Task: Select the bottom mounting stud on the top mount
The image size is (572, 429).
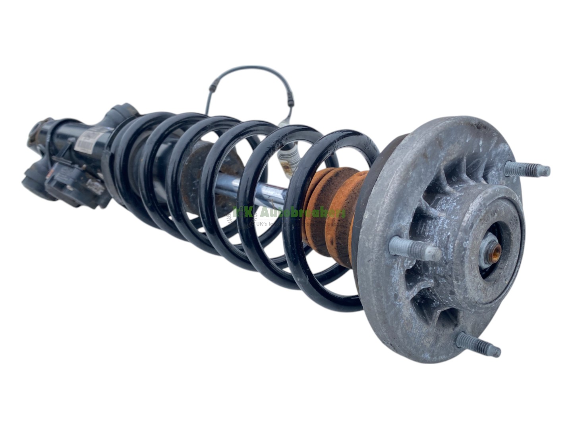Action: coord(479,344)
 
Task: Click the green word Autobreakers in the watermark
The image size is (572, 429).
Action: coord(302,213)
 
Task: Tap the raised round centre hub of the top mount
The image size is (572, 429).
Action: coord(491,234)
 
